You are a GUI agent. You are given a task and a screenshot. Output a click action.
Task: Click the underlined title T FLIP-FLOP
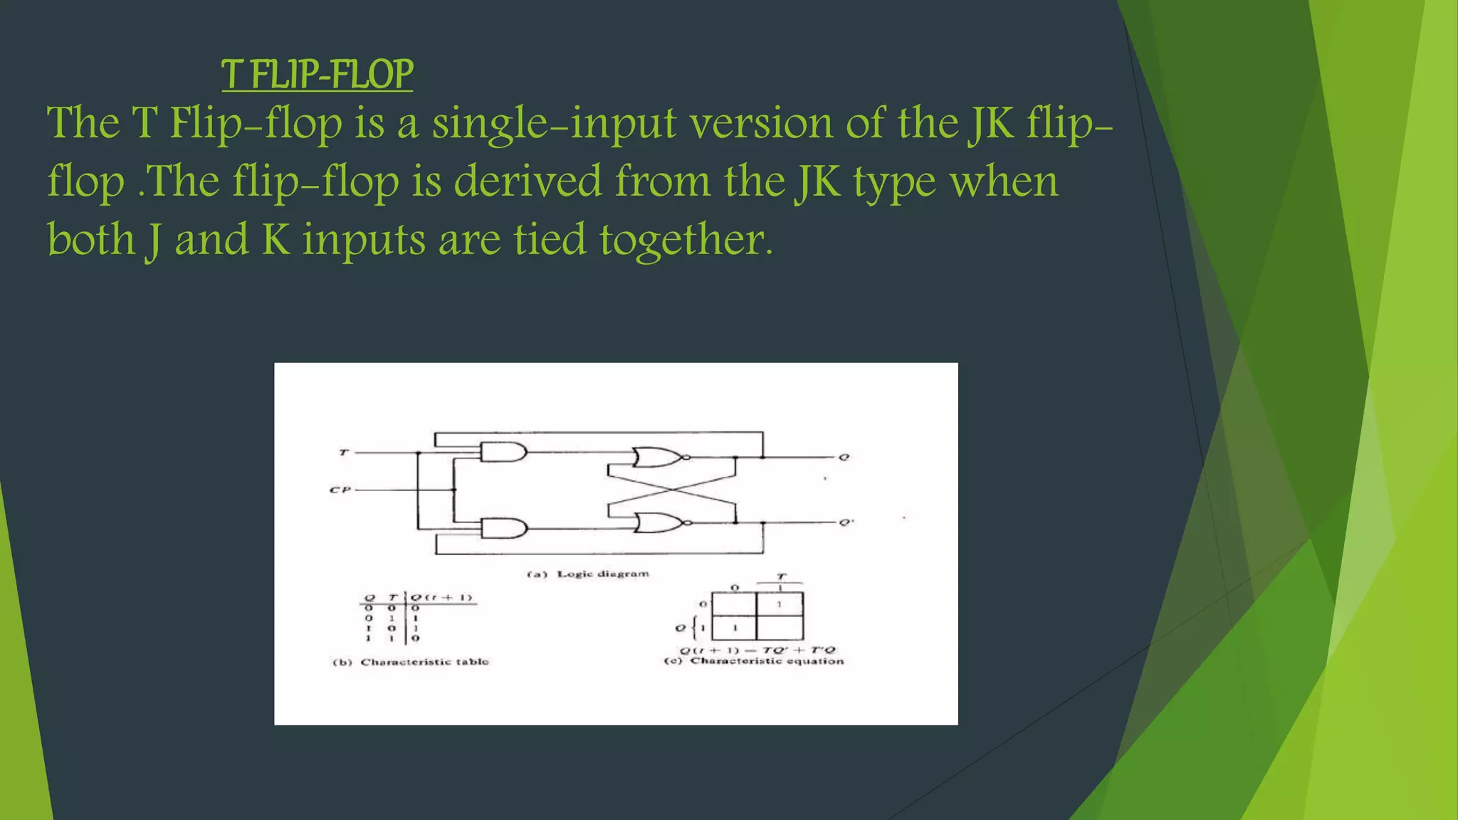317,75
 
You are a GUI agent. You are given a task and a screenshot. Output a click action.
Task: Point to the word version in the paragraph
762,123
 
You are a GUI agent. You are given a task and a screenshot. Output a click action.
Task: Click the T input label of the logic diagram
344,453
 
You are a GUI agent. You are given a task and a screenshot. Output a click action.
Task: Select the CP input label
340,490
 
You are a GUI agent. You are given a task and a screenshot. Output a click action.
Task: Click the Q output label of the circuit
844,458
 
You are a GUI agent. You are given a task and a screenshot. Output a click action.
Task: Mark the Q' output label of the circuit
845,522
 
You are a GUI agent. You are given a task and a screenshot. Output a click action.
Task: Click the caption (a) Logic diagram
587,574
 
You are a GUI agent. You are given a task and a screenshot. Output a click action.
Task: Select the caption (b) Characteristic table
411,662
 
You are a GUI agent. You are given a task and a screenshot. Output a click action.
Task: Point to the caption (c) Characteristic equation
753,661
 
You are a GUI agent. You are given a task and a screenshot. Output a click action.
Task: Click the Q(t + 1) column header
442,597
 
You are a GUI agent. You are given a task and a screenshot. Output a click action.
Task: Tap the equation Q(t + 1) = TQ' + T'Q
757,650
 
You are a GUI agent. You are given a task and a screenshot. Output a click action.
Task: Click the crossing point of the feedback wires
671,490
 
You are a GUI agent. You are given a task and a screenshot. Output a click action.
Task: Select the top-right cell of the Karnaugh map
780,604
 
